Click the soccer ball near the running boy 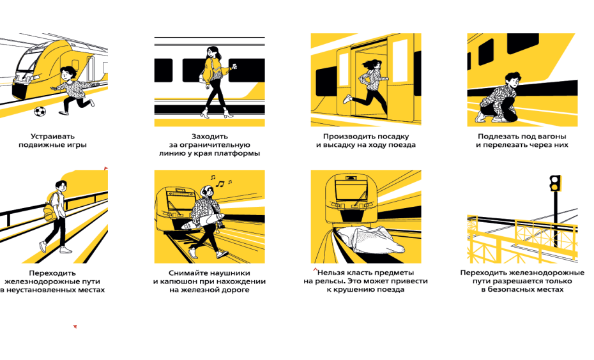click(40, 111)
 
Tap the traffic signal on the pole click(556, 183)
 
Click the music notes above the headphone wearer click(221, 181)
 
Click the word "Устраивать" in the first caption click(52, 137)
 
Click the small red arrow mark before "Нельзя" click(315, 269)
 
